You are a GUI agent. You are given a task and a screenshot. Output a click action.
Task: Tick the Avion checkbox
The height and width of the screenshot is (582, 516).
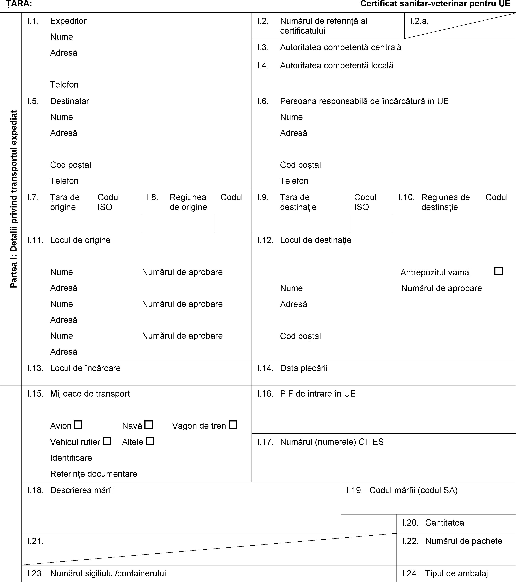coord(78,425)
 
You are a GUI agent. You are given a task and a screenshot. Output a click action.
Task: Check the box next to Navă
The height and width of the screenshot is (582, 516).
coord(149,425)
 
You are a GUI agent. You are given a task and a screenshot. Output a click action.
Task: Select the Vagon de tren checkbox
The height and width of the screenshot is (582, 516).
coord(233,425)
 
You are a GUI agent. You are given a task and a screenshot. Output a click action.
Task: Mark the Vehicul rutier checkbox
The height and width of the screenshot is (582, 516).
coord(107,441)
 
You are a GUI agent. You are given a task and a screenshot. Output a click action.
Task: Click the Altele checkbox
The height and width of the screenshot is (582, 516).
coord(150,441)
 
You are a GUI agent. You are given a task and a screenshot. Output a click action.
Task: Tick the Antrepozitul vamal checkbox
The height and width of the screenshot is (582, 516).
coord(498,271)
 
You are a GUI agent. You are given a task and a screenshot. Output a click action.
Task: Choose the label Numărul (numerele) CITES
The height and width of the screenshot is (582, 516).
coord(332,442)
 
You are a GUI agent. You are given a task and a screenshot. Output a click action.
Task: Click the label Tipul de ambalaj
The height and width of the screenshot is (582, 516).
coord(457,573)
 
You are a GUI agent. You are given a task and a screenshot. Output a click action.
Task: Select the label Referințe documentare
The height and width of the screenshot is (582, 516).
coord(94,474)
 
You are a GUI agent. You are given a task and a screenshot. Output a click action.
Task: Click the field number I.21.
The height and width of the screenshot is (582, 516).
coord(35,541)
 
